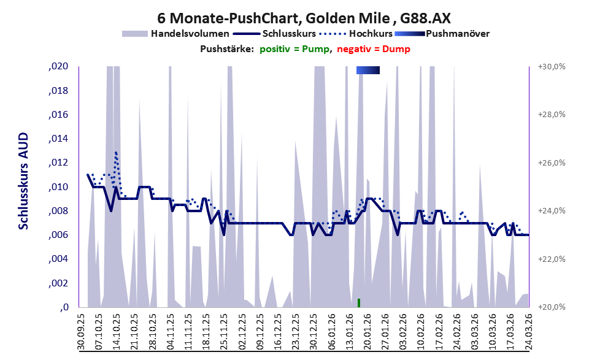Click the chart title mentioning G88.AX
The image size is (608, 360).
(304, 18)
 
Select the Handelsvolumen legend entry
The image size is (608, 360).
(175, 34)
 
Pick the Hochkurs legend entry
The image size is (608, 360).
(356, 34)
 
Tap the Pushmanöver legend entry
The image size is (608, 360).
(442, 34)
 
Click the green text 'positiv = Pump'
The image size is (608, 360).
(294, 49)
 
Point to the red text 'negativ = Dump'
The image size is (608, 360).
(374, 49)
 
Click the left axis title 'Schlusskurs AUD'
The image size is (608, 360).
(23, 181)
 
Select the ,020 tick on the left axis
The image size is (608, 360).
(58, 67)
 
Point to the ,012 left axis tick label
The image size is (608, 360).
(58, 163)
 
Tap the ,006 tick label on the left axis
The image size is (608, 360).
(58, 235)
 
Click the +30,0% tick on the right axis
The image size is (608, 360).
(552, 67)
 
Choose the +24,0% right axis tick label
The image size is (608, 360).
(552, 211)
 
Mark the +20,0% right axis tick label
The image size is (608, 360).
(552, 307)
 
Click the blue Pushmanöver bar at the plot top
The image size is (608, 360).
(368, 70)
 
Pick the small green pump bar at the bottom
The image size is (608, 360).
(359, 303)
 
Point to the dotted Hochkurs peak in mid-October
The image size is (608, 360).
(115, 153)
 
